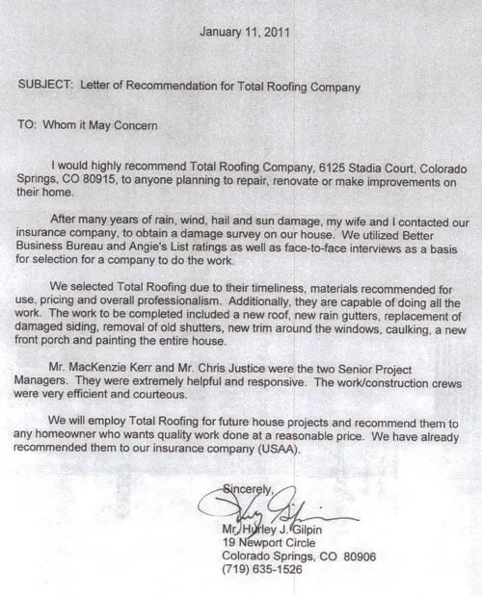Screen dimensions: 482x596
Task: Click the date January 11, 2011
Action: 247,32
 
